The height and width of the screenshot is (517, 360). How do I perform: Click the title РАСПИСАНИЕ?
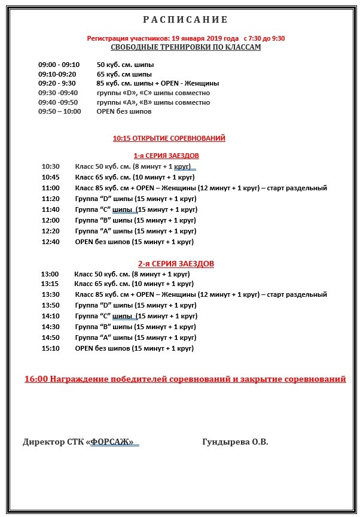click(185, 19)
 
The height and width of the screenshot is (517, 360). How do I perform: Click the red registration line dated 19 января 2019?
click(186, 38)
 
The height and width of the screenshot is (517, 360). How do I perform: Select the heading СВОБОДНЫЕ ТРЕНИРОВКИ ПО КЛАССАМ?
click(186, 47)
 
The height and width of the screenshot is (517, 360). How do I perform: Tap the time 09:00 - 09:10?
click(59, 65)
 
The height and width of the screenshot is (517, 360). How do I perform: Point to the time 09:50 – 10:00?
click(59, 111)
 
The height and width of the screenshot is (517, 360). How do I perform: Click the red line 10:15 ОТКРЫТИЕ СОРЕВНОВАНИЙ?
click(169, 138)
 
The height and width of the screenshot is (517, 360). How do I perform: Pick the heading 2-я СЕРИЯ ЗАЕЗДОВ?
click(176, 263)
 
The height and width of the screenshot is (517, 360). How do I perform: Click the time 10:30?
click(51, 166)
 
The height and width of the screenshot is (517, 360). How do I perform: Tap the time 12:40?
click(51, 242)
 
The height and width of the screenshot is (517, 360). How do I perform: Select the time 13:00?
click(50, 273)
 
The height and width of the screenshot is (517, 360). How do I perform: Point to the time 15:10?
click(51, 348)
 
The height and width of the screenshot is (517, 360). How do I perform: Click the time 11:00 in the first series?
click(51, 188)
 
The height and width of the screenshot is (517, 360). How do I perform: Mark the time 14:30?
click(51, 327)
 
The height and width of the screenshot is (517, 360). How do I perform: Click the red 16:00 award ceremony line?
click(185, 379)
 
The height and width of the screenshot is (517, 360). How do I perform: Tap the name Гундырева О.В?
click(236, 442)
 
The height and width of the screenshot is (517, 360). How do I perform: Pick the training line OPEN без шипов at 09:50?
click(124, 111)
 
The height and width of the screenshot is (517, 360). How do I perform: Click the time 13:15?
click(50, 284)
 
